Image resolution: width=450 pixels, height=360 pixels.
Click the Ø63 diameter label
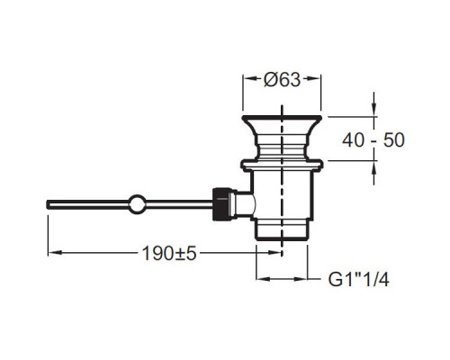[282, 80]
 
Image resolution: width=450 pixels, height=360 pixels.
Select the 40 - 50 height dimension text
[373, 140]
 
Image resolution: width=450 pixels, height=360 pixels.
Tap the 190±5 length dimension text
[169, 254]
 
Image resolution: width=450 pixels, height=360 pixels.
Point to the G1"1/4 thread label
[359, 280]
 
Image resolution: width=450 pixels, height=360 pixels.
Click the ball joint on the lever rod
[138, 204]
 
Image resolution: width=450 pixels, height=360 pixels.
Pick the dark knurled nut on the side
[221, 204]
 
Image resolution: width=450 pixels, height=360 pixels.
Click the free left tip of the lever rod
[48, 204]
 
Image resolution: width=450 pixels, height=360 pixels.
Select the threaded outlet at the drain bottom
[282, 229]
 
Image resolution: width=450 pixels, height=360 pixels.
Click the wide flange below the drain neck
[282, 166]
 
